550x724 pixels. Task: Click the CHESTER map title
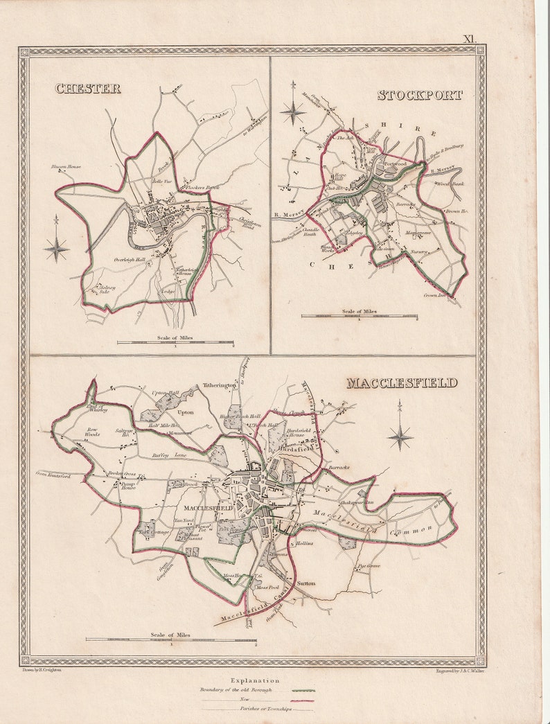88,88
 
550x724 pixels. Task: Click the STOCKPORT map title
420,95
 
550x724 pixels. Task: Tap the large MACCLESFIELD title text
402,382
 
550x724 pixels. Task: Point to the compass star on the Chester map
57,247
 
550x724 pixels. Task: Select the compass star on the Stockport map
293,112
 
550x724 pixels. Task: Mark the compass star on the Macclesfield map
400,436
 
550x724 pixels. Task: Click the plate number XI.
470,40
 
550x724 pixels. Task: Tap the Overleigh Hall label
130,260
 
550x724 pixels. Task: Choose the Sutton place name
305,583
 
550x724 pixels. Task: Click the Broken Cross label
121,474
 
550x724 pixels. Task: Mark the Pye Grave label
369,566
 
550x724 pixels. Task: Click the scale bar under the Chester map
175,342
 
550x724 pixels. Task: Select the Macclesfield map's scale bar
170,639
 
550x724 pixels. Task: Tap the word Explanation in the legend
256,681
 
